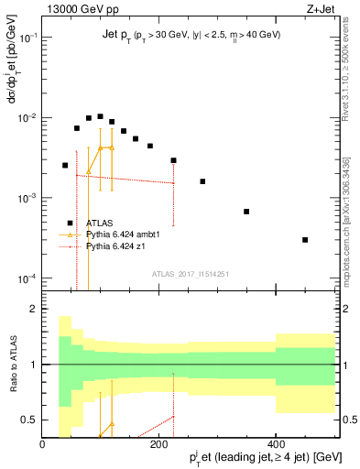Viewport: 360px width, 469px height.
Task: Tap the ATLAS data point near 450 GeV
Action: (305, 240)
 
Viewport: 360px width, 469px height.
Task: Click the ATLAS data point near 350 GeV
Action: (246, 212)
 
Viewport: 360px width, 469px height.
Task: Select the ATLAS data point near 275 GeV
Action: (202, 181)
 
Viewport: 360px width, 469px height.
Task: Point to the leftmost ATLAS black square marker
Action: (65, 165)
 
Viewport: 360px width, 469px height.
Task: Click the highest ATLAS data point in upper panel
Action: (100, 116)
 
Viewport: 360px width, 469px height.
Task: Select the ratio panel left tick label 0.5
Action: (28, 420)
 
